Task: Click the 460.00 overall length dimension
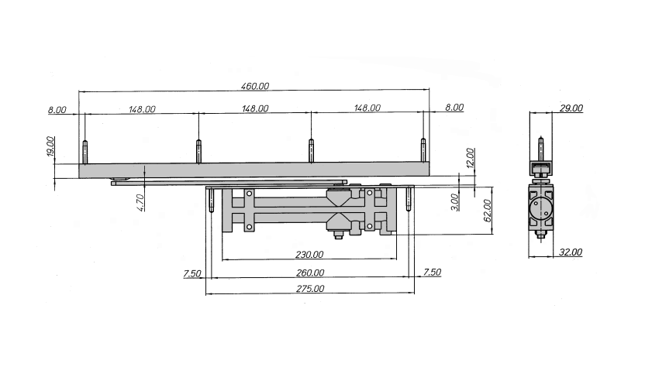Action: click(x=255, y=86)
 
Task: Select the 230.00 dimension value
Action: click(x=309, y=255)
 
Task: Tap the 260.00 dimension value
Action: click(x=310, y=273)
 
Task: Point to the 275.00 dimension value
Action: click(x=310, y=289)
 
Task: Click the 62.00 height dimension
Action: click(x=488, y=211)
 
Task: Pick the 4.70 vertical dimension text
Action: click(x=140, y=203)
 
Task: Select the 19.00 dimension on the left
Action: click(x=50, y=146)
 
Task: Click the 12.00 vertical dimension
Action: click(x=471, y=157)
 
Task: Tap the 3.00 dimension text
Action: click(x=454, y=202)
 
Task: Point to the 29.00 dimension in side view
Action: click(x=571, y=108)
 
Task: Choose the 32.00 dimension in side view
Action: click(x=570, y=252)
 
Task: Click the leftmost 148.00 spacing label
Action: click(x=142, y=109)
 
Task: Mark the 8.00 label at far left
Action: click(x=57, y=110)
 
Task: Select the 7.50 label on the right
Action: click(x=432, y=272)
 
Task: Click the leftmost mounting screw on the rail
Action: click(x=85, y=151)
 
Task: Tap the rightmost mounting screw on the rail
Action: click(x=423, y=150)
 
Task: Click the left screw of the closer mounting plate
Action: click(x=212, y=200)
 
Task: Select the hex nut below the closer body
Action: click(x=339, y=235)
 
